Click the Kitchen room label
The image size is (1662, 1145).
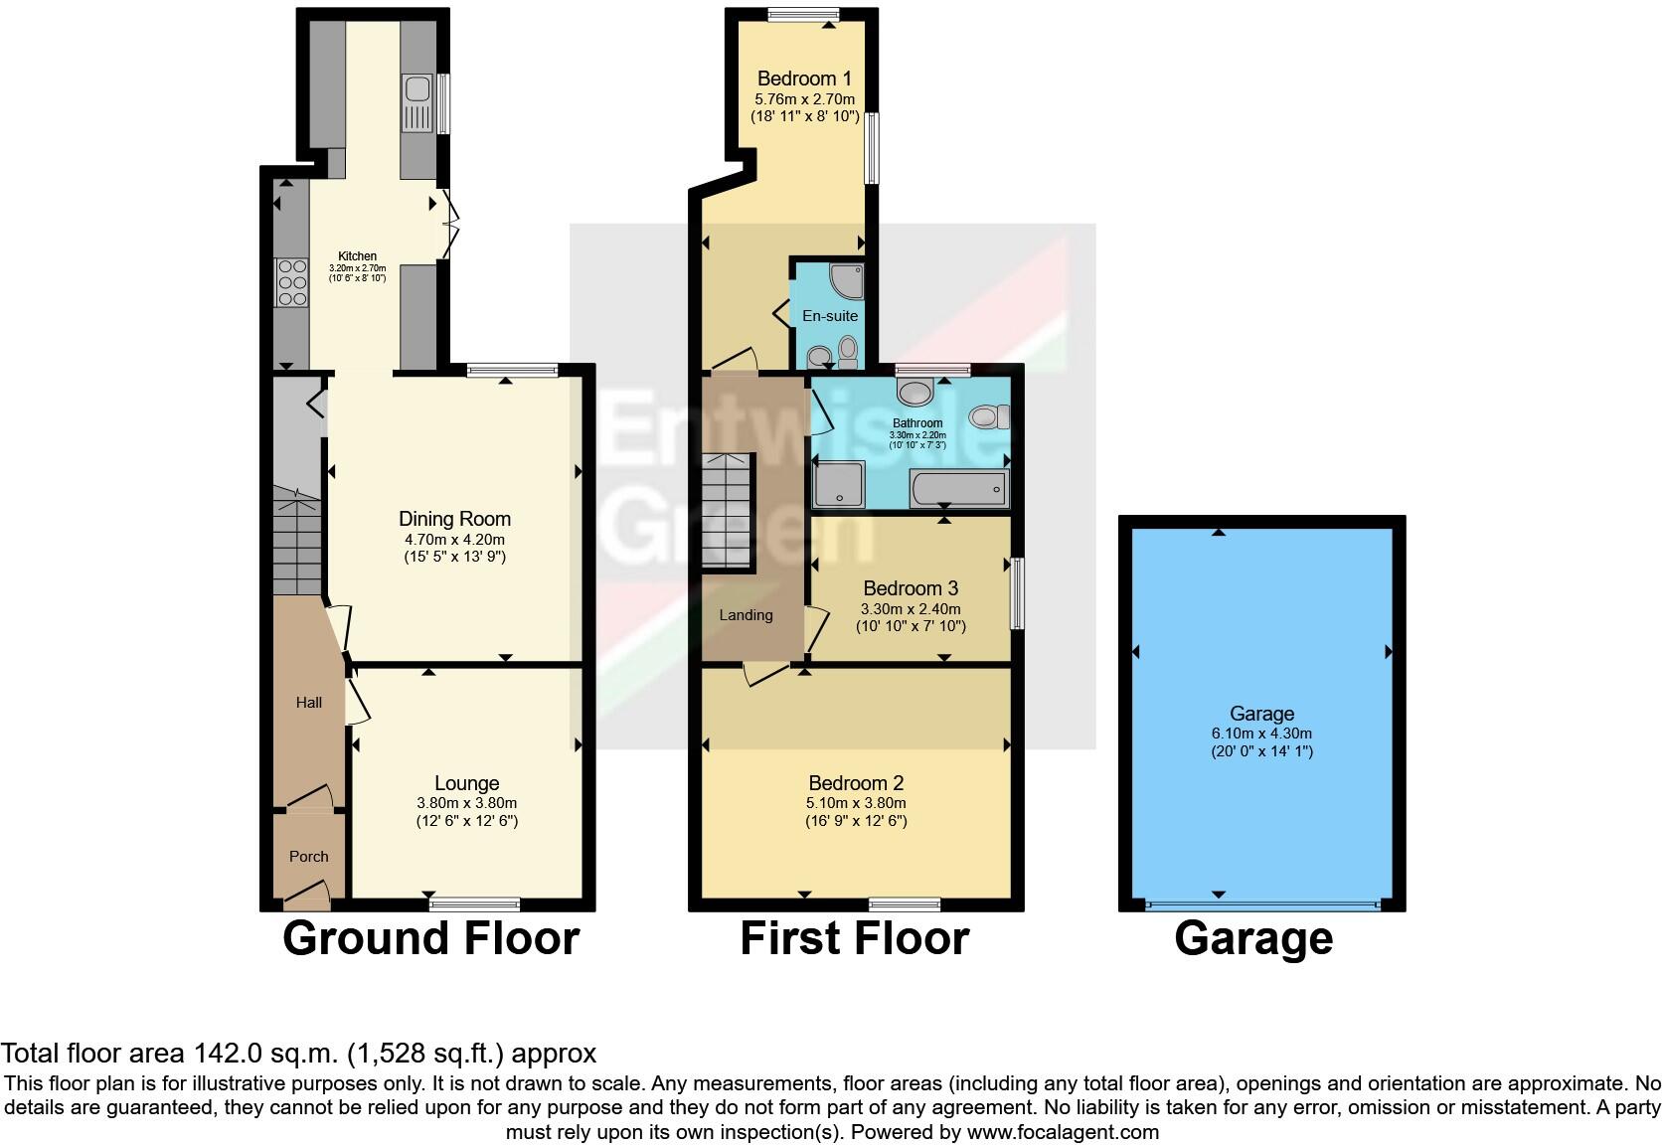tap(357, 256)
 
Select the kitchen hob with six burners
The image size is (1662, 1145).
tap(292, 282)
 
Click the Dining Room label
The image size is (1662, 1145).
tap(454, 519)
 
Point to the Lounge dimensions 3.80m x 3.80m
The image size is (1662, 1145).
tap(466, 803)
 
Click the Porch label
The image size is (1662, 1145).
tap(308, 856)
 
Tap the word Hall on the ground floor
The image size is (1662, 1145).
tap(309, 703)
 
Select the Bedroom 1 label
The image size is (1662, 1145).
tap(804, 79)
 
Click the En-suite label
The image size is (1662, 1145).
tap(830, 316)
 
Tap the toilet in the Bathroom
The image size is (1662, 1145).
tap(989, 416)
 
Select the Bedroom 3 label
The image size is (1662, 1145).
tap(911, 588)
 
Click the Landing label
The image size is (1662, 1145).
tap(746, 615)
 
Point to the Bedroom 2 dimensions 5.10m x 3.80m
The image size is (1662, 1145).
tap(856, 803)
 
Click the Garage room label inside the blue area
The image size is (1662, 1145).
tap(1261, 714)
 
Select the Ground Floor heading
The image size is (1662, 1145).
tap(430, 938)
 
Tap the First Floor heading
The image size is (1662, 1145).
tap(854, 938)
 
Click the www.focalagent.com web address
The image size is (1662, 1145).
tap(1063, 1132)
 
